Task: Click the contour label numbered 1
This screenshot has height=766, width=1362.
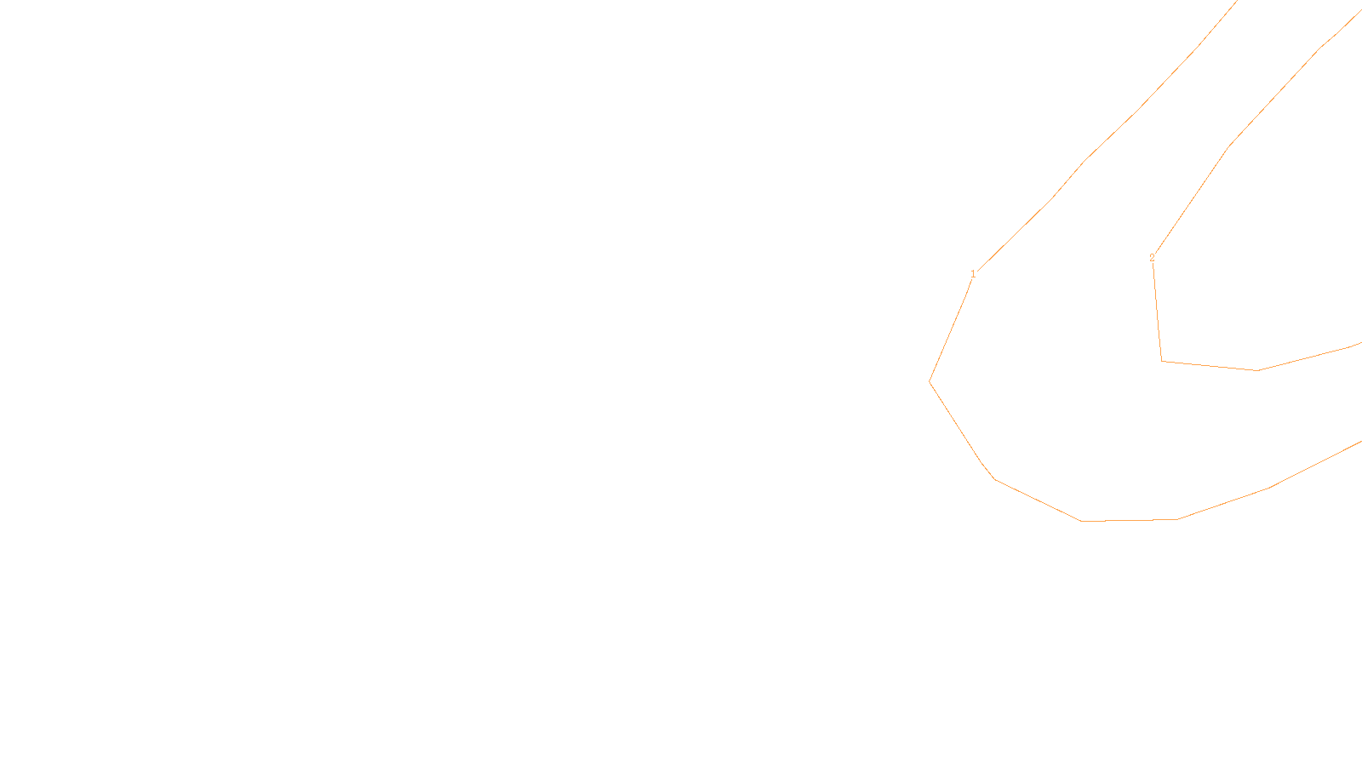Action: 973,274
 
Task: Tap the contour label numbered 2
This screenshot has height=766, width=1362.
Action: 1152,258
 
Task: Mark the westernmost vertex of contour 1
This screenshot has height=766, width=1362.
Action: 930,381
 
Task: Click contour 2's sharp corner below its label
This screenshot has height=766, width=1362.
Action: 1162,361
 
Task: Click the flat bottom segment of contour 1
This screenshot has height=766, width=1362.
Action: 1129,520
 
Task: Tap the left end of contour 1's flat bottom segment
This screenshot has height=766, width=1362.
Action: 1081,521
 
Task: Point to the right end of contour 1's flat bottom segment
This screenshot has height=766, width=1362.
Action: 1177,519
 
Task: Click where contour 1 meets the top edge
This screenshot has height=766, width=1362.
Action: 1236,1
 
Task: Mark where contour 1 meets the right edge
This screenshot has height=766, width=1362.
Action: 1360,442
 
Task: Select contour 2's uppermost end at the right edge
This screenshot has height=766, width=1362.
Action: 1360,11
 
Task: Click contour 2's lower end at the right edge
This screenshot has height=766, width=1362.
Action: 1360,343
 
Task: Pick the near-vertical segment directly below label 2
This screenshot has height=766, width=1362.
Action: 1157,311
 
